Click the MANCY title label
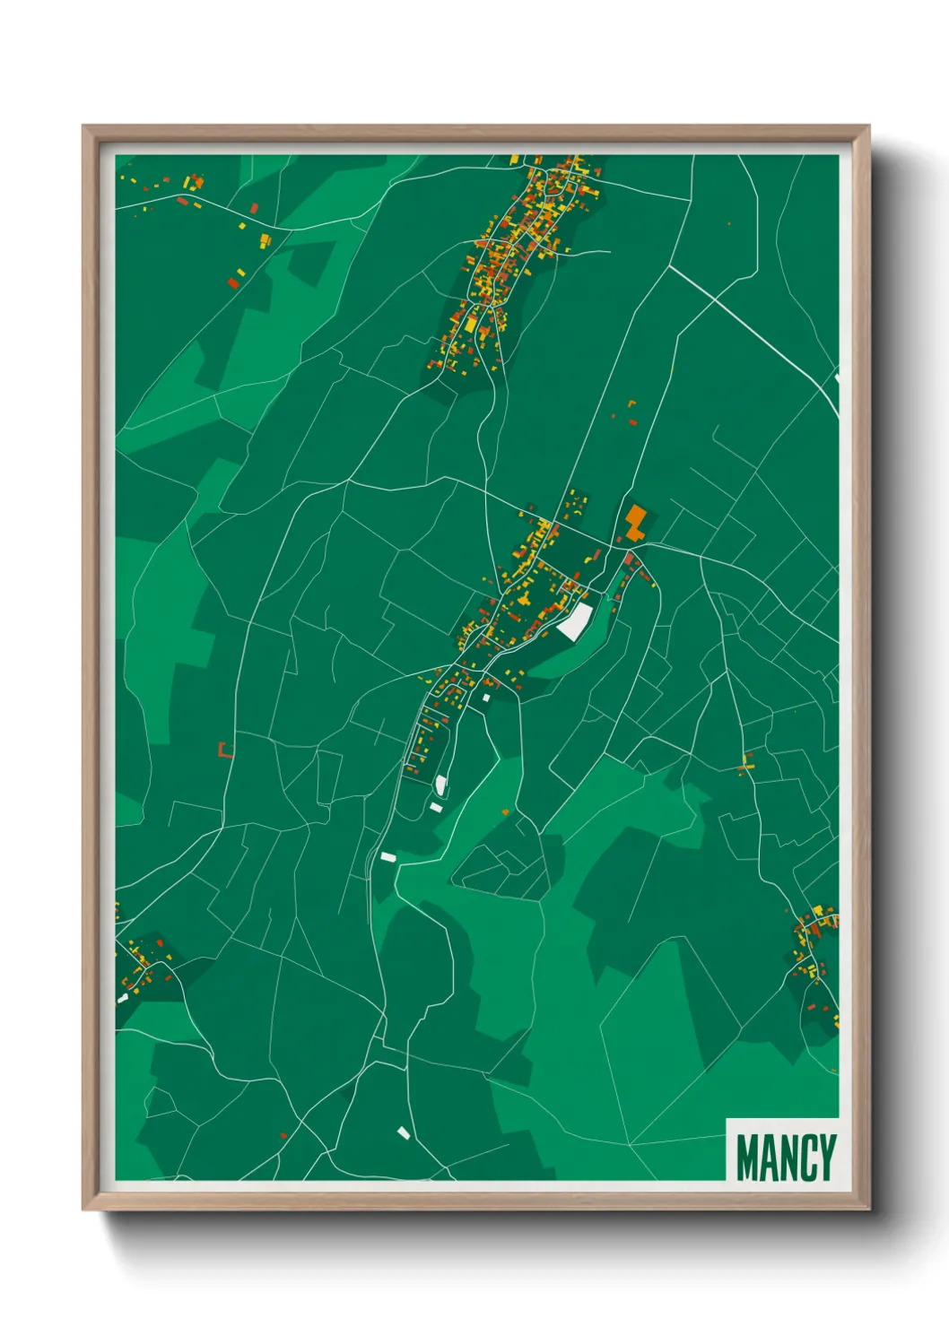pos(786,1158)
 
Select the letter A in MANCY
pos(768,1158)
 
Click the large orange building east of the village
pos(635,522)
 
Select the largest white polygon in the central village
pos(575,620)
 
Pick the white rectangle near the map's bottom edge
pos(404,1133)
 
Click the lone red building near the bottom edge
pos(283,1136)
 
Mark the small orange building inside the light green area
pos(505,812)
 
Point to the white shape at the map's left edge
pos(122,998)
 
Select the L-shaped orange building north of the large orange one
pos(631,405)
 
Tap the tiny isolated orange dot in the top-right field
pos(728,224)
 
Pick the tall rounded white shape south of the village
pos(440,785)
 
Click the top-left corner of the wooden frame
pos(83,126)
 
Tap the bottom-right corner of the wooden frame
pos(868,1209)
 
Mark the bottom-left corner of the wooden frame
pos(83,1209)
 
